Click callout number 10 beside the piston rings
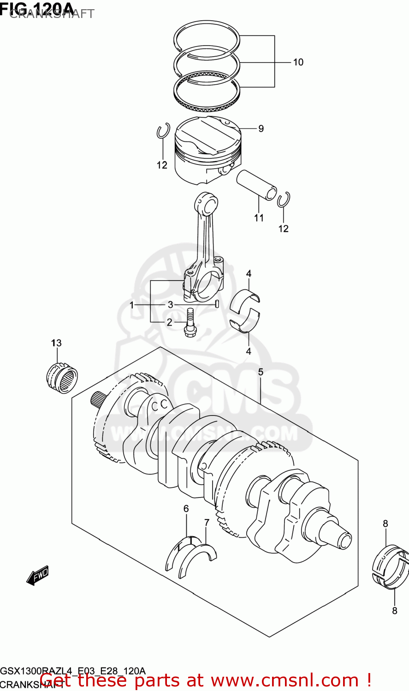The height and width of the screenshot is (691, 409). [298, 62]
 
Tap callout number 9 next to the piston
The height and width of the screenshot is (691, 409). [261, 129]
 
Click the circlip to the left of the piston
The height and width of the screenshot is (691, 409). [162, 131]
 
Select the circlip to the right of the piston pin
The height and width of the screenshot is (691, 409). [284, 199]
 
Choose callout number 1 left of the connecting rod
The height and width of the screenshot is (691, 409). [131, 305]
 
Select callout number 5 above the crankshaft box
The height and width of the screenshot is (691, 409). [261, 372]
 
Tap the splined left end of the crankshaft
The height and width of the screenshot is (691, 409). [99, 399]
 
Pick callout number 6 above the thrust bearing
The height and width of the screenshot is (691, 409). [186, 509]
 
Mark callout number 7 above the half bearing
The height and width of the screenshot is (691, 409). [207, 522]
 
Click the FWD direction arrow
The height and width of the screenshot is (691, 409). [37, 575]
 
